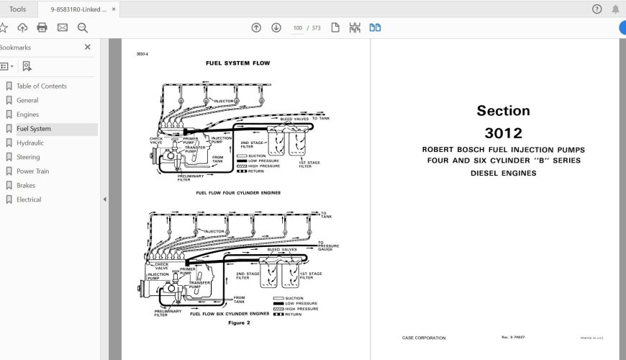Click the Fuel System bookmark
pyautogui.click(x=34, y=129)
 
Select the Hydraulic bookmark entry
pyautogui.click(x=30, y=143)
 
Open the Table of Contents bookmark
pyautogui.click(x=41, y=86)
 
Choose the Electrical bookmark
pyautogui.click(x=29, y=199)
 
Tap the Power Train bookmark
pyautogui.click(x=33, y=171)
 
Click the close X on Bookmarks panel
pyautogui.click(x=88, y=47)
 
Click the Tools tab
pyautogui.click(x=17, y=9)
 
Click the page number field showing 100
pyautogui.click(x=297, y=28)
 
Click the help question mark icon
pyautogui.click(x=596, y=9)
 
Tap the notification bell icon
pyautogui.click(x=615, y=9)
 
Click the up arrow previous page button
pyautogui.click(x=256, y=28)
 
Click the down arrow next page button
pyautogui.click(x=276, y=28)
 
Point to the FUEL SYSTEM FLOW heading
pyautogui.click(x=237, y=63)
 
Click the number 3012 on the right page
pyautogui.click(x=503, y=132)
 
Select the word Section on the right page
pyautogui.click(x=503, y=111)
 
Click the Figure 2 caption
pyautogui.click(x=237, y=323)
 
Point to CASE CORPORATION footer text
pyautogui.click(x=423, y=338)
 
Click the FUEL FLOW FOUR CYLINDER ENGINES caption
pyautogui.click(x=238, y=193)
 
